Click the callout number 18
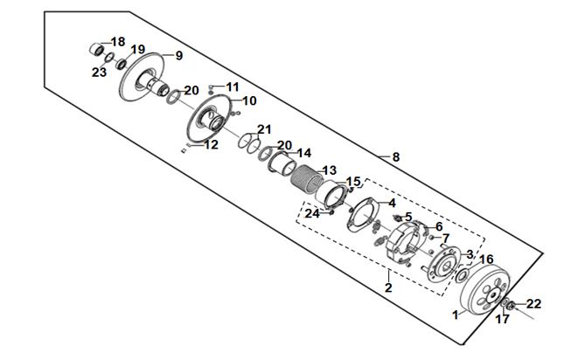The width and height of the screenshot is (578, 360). [118, 42]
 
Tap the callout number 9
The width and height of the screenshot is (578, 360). [178, 56]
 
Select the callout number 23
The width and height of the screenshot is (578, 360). [99, 73]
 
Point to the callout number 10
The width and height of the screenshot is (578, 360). [249, 100]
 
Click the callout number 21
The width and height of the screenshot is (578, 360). [264, 129]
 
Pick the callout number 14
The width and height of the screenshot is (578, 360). [304, 153]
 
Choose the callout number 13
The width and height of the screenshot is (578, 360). [329, 170]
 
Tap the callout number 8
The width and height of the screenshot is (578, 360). [395, 157]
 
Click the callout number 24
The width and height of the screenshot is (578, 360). [312, 213]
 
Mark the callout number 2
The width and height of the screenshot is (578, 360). [388, 287]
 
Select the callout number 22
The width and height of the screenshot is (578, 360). [533, 304]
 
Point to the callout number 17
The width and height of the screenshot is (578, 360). [502, 319]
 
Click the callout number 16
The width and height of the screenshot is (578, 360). [486, 260]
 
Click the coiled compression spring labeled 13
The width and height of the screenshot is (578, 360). [307, 179]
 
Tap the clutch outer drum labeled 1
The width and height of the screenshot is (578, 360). [485, 292]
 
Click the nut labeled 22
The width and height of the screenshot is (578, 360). [511, 305]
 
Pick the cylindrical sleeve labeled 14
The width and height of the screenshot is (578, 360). [282, 163]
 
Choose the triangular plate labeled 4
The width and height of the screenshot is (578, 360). [363, 215]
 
